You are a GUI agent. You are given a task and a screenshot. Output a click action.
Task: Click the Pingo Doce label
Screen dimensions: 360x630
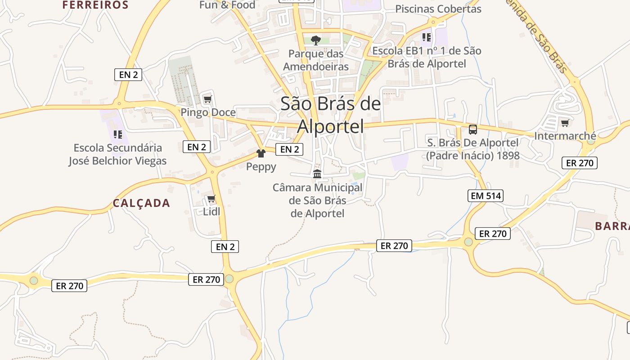[x=208, y=112]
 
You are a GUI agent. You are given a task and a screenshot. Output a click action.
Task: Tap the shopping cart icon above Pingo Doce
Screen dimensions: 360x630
[x=207, y=99]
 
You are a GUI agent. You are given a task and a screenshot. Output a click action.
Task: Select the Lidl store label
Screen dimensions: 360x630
[x=211, y=211]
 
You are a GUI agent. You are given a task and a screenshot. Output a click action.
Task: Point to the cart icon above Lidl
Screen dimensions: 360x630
[x=211, y=198]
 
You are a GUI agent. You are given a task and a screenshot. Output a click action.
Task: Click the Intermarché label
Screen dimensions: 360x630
[x=565, y=135]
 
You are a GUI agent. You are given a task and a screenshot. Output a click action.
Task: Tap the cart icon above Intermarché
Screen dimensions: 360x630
[x=565, y=123]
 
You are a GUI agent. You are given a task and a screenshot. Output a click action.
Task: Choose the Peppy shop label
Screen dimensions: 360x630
[x=261, y=166]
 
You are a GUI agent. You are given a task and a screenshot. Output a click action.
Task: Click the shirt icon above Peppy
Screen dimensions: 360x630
[x=261, y=153]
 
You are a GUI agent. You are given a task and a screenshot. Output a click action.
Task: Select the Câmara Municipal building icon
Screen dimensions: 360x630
[x=317, y=174]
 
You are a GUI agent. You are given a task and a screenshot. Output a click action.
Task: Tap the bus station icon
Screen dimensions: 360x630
[x=473, y=130]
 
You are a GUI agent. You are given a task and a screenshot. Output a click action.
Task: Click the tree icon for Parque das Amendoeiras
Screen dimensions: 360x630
[x=316, y=40]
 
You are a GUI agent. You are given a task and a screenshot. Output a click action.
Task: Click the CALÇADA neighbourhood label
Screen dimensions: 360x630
[x=141, y=203]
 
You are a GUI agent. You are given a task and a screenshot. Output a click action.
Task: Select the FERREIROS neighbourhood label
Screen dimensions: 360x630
[x=95, y=5]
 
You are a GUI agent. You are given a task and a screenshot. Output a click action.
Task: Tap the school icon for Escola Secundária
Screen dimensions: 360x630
[x=118, y=134]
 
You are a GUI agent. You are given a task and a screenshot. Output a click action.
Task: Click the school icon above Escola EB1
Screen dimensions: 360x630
[x=426, y=37]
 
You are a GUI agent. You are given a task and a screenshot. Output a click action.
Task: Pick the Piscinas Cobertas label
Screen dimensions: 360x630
[x=438, y=9]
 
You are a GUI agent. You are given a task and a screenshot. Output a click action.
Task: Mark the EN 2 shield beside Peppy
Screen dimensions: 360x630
[x=289, y=149]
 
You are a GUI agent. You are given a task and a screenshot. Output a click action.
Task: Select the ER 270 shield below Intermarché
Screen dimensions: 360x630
[x=580, y=163]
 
